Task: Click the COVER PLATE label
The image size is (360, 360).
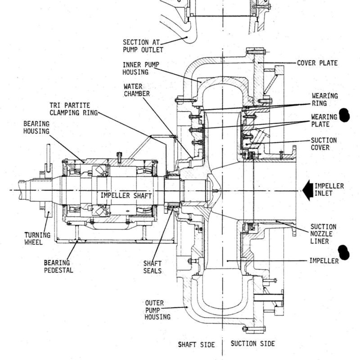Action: click(x=317, y=63)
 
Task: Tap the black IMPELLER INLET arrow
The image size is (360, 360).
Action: click(x=308, y=190)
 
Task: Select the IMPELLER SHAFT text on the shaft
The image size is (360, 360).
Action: click(x=126, y=196)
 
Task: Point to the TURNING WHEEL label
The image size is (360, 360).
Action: click(x=37, y=238)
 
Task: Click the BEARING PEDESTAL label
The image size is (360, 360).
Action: click(x=58, y=266)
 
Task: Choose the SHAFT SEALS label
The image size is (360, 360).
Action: click(x=153, y=267)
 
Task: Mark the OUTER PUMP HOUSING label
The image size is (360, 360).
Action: click(x=157, y=310)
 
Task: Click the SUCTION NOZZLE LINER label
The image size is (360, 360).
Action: click(x=323, y=234)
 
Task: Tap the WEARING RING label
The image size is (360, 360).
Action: click(x=324, y=99)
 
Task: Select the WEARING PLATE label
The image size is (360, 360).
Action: click(x=324, y=121)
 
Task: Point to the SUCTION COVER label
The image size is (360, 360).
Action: click(x=324, y=144)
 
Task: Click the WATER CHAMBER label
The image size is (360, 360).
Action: click(x=137, y=90)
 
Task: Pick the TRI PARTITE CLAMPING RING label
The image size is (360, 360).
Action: click(x=74, y=109)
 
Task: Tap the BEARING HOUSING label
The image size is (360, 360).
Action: click(x=36, y=127)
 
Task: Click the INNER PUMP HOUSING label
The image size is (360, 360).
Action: click(x=141, y=68)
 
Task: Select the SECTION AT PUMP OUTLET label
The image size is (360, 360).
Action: click(x=143, y=46)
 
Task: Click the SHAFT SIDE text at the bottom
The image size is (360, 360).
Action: click(x=197, y=345)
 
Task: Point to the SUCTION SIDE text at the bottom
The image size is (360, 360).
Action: click(x=252, y=344)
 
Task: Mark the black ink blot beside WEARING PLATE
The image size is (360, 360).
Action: click(x=344, y=115)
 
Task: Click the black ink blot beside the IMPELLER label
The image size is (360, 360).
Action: click(x=344, y=252)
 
